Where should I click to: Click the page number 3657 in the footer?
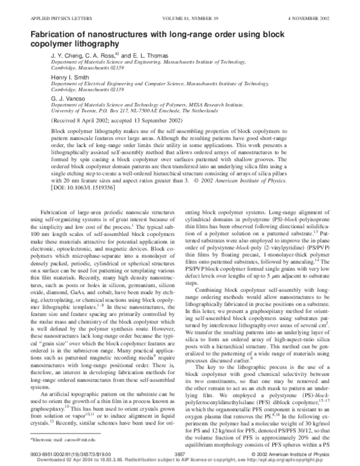pyautogui.click(x=180, y=455)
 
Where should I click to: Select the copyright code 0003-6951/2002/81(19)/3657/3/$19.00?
pyautogui.click(x=58, y=455)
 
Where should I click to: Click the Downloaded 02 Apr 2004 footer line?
pyautogui.click(x=180, y=460)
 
